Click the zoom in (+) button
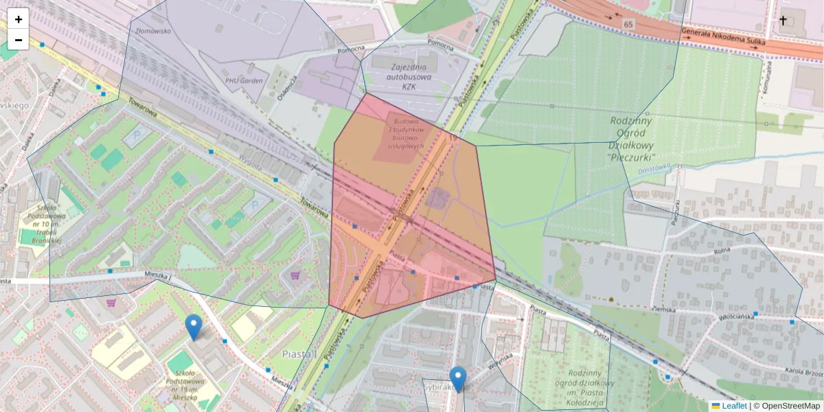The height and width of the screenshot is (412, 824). [19, 19]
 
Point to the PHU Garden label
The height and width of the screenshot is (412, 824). [244, 80]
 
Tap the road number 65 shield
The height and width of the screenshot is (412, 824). [628, 24]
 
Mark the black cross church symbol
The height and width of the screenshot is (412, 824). [783, 21]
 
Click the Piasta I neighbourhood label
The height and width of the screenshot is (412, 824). [299, 354]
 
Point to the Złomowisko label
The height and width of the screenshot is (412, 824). [153, 30]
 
